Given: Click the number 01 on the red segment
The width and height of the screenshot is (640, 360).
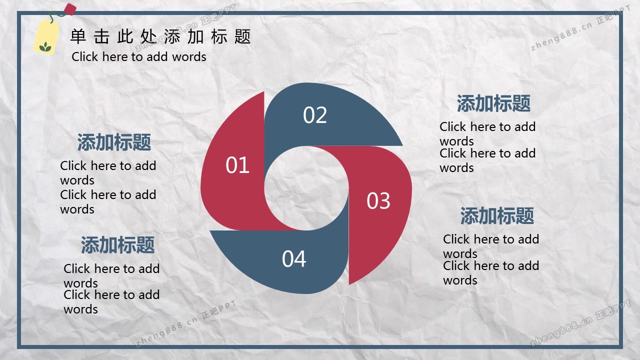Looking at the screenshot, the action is pos(237,165).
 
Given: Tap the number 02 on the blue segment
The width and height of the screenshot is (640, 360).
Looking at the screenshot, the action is pos(315,115).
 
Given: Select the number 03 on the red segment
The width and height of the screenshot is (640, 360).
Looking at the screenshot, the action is pos(378,200).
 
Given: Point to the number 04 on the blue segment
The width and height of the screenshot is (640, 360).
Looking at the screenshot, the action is pos(294,259).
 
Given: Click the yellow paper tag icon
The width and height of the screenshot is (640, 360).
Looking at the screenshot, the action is pos(46,37).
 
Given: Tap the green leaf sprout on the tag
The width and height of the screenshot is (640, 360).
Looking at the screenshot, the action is pos(45,46).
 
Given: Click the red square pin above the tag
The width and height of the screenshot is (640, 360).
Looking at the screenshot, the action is pos(70,9).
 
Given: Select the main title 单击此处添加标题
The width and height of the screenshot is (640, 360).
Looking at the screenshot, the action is pos(160,36).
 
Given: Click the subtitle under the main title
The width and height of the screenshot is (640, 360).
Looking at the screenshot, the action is pos(139,56).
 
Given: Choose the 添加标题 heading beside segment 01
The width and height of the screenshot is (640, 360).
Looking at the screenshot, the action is pos(114,142).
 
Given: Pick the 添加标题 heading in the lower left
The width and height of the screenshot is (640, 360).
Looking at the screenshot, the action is pos(117,245).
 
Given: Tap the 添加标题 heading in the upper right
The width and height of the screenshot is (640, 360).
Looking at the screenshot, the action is pos(493,103).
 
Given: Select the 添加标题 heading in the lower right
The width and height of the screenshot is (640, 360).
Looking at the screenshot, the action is pos(497,215).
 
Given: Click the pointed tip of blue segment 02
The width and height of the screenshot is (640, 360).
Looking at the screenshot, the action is pos(402,145).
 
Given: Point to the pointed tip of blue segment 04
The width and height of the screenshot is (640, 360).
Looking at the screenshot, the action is pos(210,231).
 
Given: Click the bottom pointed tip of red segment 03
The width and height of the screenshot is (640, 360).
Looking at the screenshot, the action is pos(349,284).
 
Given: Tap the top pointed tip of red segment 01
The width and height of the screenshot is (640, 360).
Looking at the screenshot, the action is pos(263,92).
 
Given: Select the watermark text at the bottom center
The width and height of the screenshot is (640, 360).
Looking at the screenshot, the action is pos(186,323).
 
